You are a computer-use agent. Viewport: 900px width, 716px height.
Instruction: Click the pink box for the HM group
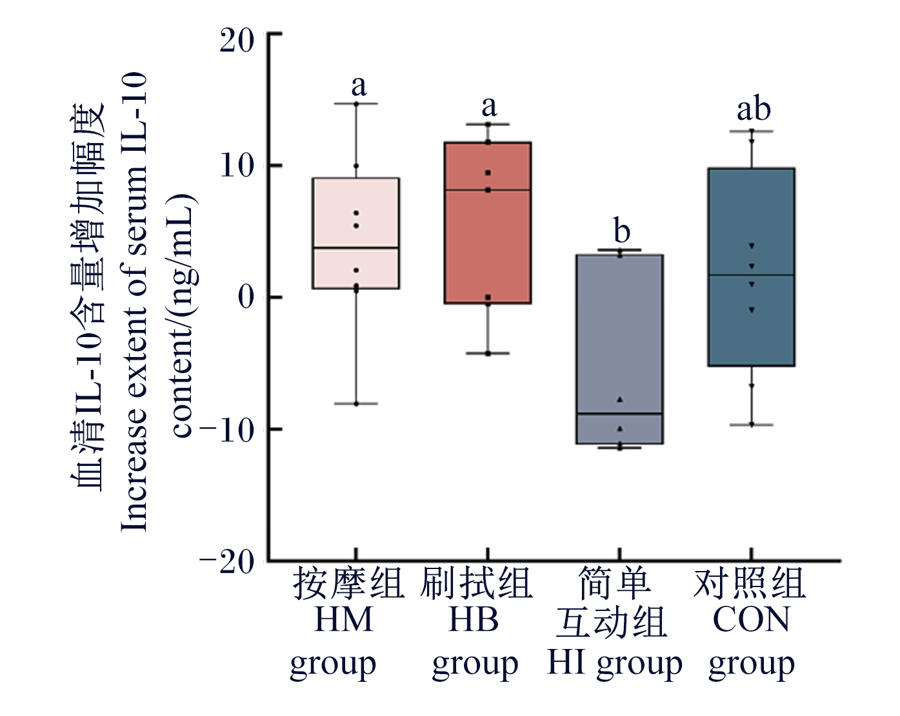tap(356, 233)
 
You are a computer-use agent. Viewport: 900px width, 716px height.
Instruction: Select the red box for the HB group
tap(488, 222)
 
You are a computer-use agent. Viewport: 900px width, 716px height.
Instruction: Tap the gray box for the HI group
tap(619, 349)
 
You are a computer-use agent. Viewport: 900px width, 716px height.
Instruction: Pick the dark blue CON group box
tap(752, 267)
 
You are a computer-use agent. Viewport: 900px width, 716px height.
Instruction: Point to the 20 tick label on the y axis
tap(237, 41)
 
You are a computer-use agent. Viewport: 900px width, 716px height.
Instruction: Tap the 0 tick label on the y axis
tap(246, 298)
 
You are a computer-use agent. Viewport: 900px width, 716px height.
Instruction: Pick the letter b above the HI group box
tap(622, 230)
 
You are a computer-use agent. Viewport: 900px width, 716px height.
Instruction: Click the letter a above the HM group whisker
tap(359, 86)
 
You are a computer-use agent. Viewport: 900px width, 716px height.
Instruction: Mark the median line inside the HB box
tap(488, 190)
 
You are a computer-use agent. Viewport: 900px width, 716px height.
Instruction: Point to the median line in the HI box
tap(619, 414)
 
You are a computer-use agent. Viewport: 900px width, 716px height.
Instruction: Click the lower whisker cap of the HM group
tap(356, 404)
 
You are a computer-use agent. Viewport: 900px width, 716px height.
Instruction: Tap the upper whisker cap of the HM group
tap(356, 104)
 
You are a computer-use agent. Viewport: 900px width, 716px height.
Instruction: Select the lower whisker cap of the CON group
tap(752, 425)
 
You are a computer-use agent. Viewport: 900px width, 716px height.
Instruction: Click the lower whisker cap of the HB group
tap(488, 353)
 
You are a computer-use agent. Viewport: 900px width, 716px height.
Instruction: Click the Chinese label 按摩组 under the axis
tap(348, 583)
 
